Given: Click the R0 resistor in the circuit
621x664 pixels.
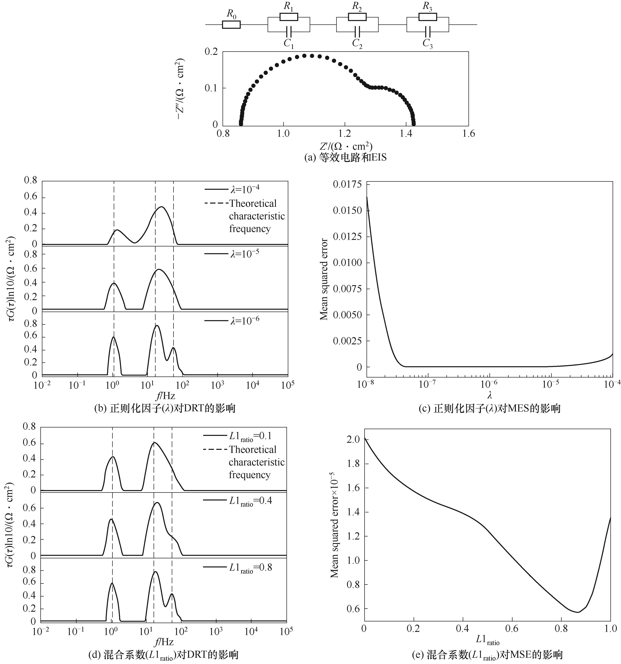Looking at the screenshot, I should point(231,24).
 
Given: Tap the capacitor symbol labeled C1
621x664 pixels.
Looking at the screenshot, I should point(289,32).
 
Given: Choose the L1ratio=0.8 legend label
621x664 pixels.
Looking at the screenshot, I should point(250,567).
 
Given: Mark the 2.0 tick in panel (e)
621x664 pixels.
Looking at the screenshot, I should point(353,440).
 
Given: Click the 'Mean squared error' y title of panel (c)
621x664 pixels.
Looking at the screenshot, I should point(324,279).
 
